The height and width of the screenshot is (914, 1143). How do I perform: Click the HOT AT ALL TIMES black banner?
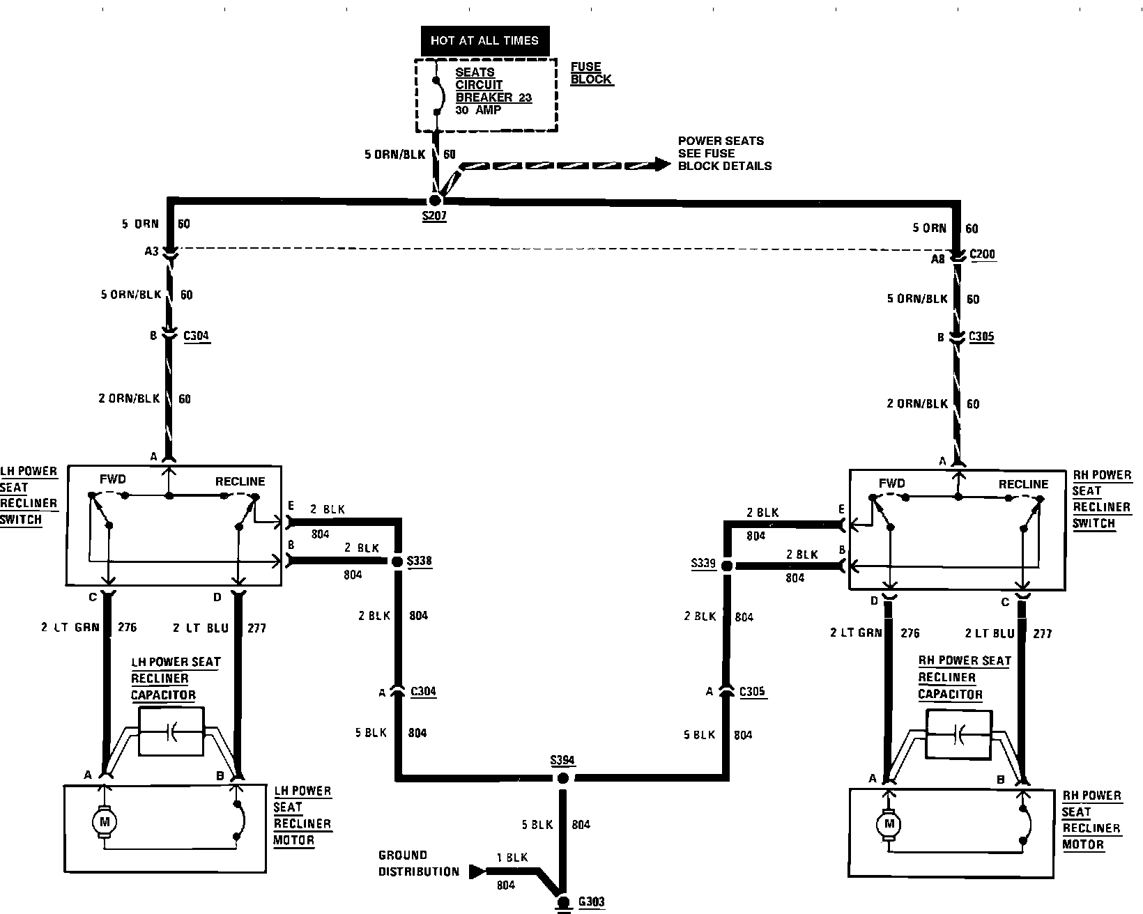pos(484,40)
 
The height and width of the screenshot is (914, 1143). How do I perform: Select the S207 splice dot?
pos(436,201)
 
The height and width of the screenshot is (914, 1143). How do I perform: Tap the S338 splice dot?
pos(397,561)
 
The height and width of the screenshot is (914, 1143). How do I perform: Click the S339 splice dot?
pos(726,566)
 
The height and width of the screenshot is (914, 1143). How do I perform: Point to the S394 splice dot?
pos(562,778)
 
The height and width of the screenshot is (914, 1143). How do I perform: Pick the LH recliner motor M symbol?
pos(105,822)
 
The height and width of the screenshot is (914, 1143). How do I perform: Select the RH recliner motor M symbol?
pos(889,826)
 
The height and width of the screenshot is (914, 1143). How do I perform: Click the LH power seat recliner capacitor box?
pos(171,731)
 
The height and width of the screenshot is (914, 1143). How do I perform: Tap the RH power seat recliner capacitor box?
pos(959,735)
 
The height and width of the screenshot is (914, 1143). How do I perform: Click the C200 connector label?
pos(983,254)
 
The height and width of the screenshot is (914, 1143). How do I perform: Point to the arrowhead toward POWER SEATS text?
pos(662,165)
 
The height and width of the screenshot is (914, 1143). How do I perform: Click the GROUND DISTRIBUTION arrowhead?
pos(477,871)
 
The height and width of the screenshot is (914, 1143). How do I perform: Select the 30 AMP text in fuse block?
pos(478,110)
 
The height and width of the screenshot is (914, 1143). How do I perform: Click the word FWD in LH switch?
pos(112,479)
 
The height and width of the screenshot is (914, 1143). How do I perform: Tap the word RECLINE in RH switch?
pos(1023,484)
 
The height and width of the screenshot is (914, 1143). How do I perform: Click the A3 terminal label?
pos(151,251)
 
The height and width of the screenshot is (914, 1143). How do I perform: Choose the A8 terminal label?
pos(938,258)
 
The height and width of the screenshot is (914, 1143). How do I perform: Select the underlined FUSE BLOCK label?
pos(590,73)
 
